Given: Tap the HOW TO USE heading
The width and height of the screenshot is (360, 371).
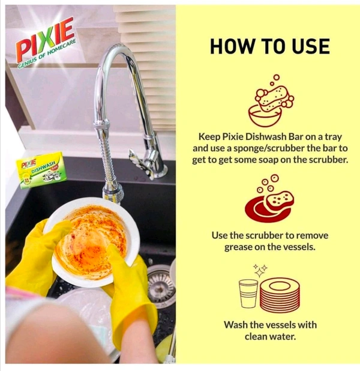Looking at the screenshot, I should tap(269, 46).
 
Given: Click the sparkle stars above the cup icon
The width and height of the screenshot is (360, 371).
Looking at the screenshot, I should tap(259, 271).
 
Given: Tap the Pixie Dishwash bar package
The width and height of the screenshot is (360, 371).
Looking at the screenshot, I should tap(40, 172).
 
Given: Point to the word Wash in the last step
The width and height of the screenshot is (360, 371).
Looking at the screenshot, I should tap(236, 325).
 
